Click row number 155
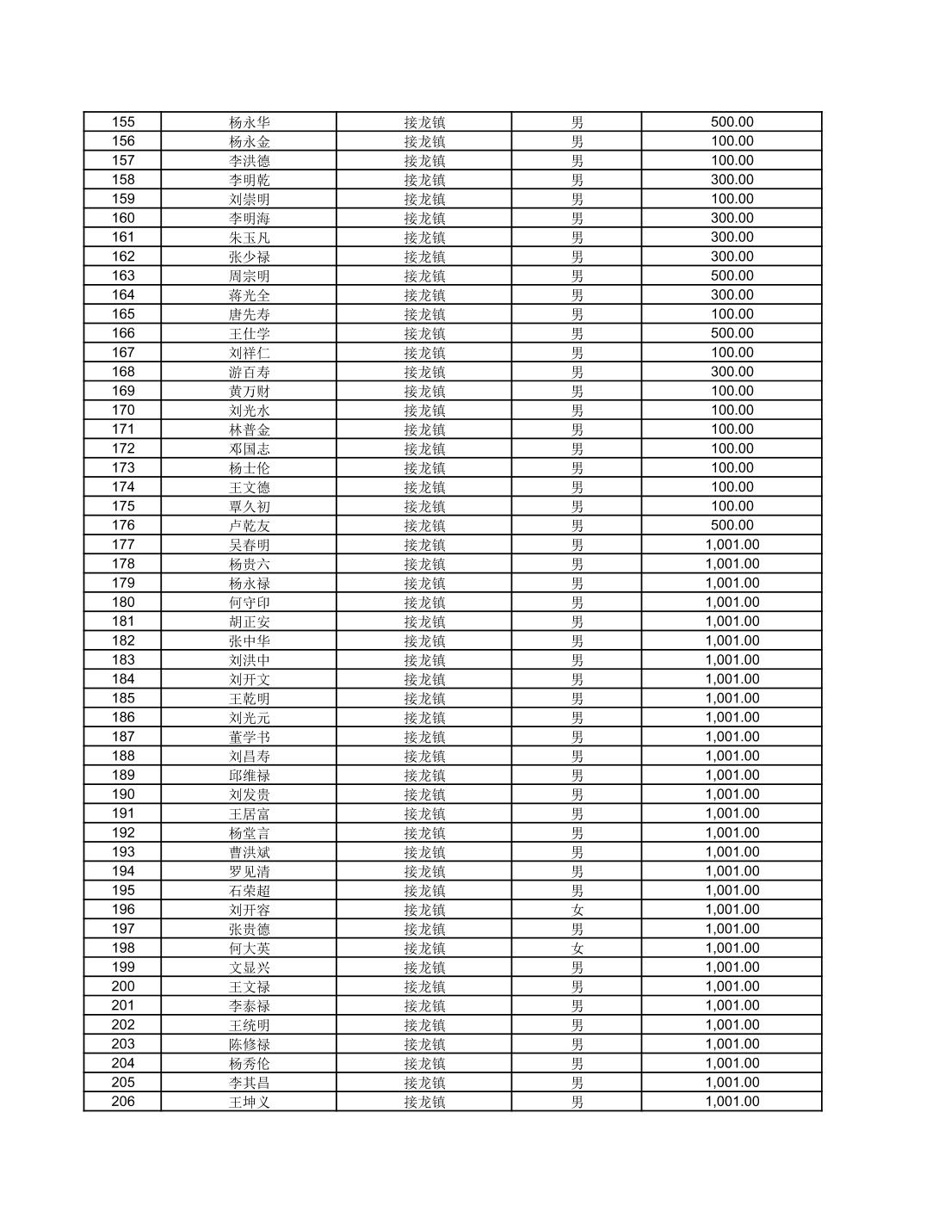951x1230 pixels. [x=123, y=122]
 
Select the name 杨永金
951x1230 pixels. [x=249, y=141]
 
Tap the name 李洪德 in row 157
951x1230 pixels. [x=249, y=161]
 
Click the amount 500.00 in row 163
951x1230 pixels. [x=732, y=275]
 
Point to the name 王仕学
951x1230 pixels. [x=249, y=333]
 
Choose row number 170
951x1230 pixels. [x=123, y=410]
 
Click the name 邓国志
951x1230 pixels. [x=249, y=448]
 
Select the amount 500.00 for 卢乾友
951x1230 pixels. [x=732, y=525]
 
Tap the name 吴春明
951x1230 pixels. [x=249, y=545]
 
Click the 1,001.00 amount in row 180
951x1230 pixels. [x=732, y=602]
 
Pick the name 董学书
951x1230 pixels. [x=249, y=737]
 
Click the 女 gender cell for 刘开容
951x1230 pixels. [x=577, y=910]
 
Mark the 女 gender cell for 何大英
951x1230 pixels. [x=577, y=948]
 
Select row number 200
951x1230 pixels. [x=123, y=986]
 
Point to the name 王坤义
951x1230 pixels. [x=249, y=1102]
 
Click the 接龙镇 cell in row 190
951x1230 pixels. [x=424, y=794]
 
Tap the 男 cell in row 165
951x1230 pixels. [x=577, y=314]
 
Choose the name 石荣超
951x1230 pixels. [x=249, y=890]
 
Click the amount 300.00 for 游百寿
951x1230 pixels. [x=732, y=372]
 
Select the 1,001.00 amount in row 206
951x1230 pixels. [x=732, y=1102]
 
